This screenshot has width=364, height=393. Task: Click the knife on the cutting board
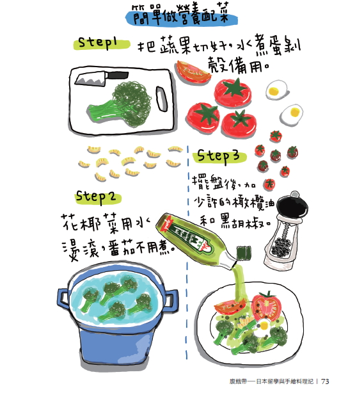coord(102,78)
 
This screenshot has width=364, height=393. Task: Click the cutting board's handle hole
coord(162,99)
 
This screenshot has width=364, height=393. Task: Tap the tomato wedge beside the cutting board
coord(193,72)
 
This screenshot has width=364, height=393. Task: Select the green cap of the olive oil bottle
coord(244,253)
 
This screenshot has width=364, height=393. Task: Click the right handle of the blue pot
coord(171,301)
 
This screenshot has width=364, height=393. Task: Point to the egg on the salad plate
coord(263,326)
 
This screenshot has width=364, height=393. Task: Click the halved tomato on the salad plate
coord(266,307)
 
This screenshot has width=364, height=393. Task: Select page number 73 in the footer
coord(325,381)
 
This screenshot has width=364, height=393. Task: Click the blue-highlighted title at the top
coord(182,15)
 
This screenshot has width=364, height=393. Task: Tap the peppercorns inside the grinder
coord(281,246)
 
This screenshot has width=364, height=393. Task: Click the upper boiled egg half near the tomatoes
coord(276,90)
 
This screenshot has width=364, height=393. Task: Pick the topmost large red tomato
coord(233,92)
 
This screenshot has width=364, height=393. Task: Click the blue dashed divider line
coord(187,253)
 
